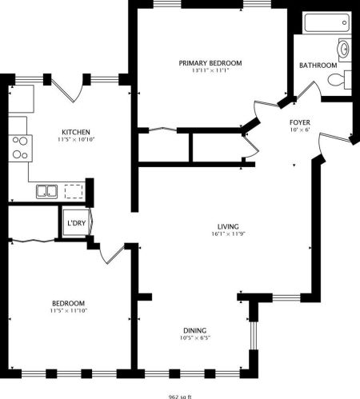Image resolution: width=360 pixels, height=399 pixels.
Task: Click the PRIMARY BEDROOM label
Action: pyautogui.click(x=210, y=62)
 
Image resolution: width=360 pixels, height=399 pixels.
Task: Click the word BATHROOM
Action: pyautogui.click(x=318, y=65)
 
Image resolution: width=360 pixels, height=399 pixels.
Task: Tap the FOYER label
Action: pyautogui.click(x=300, y=122)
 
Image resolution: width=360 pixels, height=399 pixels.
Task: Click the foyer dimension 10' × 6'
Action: pyautogui.click(x=300, y=130)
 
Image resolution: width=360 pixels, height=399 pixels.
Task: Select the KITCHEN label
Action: pyautogui.click(x=76, y=132)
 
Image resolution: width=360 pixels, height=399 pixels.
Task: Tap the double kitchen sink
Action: pyautogui.click(x=46, y=190)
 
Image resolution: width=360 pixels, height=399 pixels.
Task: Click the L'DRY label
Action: pyautogui.click(x=76, y=222)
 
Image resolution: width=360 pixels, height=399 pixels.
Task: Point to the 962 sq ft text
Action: pyautogui.click(x=180, y=395)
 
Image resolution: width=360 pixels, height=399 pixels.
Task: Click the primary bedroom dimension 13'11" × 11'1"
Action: pyautogui.click(x=210, y=70)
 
